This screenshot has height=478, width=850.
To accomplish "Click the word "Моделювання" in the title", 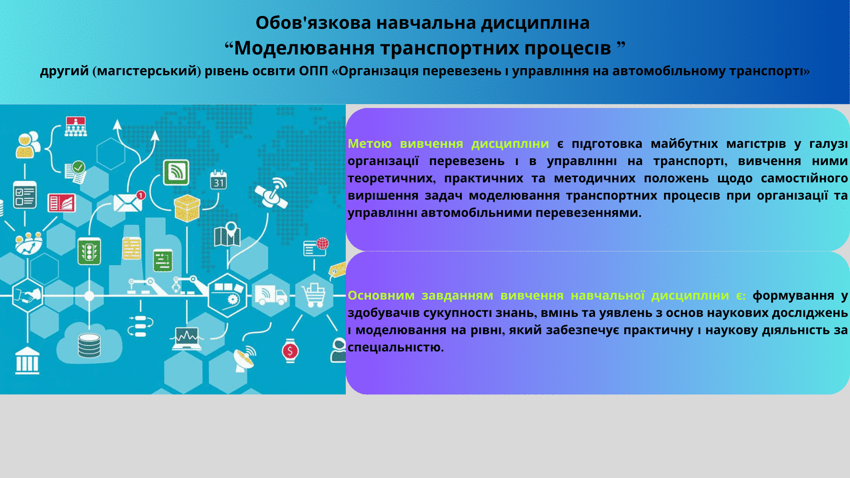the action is (304, 48).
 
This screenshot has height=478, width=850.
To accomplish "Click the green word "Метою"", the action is (370, 143).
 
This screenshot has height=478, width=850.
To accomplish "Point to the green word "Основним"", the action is (381, 295).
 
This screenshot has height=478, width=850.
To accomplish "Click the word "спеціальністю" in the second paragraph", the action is (395, 347).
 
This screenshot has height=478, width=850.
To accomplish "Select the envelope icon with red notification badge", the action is (128, 202).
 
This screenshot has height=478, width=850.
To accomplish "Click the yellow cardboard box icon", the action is (187, 208).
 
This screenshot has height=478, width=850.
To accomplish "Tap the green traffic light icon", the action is (89, 251).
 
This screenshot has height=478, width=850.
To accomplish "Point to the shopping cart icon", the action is (314, 295).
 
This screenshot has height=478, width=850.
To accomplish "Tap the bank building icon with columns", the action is (27, 361).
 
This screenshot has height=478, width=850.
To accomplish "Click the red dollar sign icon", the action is (290, 351).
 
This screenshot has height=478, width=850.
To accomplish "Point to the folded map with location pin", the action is (227, 234).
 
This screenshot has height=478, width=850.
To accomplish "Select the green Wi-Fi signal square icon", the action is (176, 172).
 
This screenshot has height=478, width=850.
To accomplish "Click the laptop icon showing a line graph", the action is (186, 339).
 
